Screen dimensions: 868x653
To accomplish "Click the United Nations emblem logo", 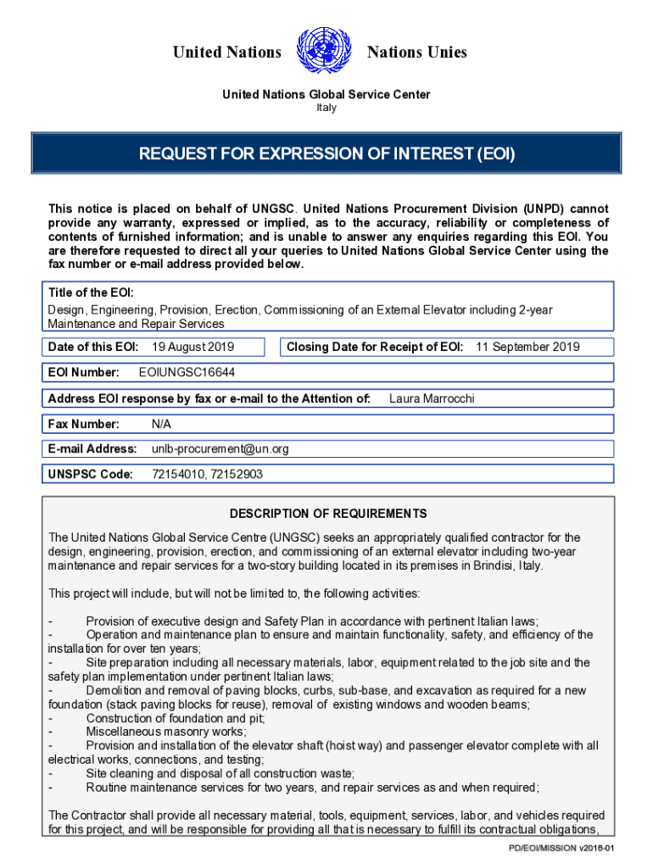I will (x=324, y=52).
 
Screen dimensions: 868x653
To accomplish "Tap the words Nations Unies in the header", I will (x=416, y=53).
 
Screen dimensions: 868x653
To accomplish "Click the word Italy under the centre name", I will (x=326, y=108).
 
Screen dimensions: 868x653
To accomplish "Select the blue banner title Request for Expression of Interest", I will (x=326, y=154).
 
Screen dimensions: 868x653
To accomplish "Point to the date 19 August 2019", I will (x=193, y=347).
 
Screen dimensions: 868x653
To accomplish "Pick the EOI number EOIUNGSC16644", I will (x=187, y=372).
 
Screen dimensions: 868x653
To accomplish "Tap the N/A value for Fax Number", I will (x=161, y=424).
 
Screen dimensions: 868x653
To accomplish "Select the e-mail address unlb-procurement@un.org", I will (x=220, y=449).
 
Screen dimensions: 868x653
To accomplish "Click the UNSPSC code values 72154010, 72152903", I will (x=207, y=475).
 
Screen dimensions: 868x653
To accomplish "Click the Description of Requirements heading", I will (x=328, y=514).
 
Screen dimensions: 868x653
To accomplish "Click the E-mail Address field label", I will (x=92, y=449).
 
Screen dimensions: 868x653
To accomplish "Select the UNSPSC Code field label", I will (x=91, y=475).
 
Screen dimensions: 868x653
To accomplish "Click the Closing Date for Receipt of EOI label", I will (x=375, y=347).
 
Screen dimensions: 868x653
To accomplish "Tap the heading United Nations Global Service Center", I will (x=326, y=94).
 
